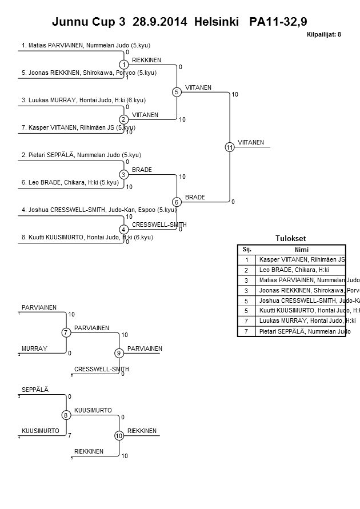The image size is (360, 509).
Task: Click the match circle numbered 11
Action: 230,147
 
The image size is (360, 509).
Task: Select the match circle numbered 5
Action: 177,92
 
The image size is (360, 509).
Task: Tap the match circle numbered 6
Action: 177,202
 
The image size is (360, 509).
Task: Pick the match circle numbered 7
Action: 66,332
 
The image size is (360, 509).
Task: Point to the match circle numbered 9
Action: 119,353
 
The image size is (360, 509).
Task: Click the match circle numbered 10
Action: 119,436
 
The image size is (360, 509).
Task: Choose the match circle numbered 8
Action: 66,415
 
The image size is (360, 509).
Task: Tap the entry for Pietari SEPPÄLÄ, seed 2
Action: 81,155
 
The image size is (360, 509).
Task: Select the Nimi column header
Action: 301,249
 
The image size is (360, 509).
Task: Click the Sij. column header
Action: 247,249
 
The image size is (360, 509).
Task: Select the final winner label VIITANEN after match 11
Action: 251,142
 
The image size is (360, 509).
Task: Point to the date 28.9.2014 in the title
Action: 160,22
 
